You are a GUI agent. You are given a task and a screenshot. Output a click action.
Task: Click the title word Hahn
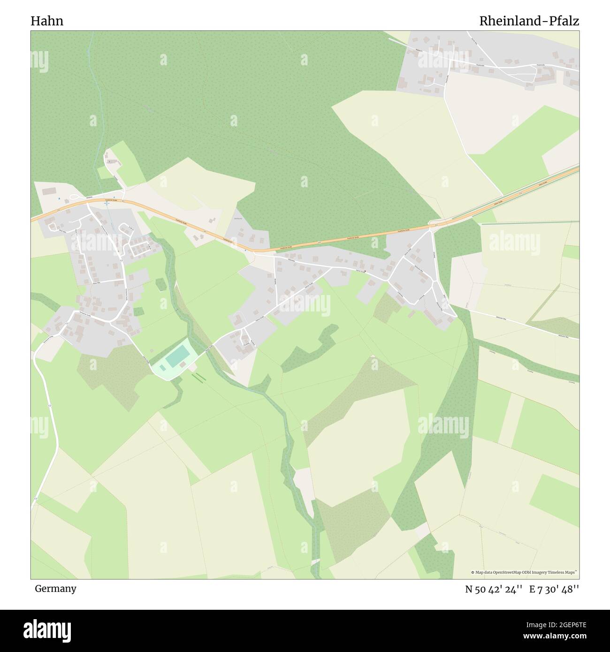tap(47, 21)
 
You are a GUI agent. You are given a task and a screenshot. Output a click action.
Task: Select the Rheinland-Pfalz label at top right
tap(529, 21)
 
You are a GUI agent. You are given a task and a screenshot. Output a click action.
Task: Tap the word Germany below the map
tap(55, 589)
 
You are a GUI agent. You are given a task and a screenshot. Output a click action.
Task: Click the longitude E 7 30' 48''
tap(554, 590)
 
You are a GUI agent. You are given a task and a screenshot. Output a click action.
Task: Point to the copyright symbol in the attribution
tap(473, 572)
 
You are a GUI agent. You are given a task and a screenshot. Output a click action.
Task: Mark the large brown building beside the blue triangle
tap(48, 191)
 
